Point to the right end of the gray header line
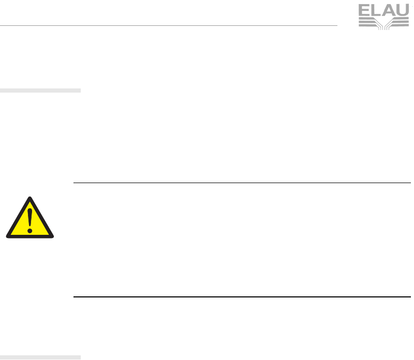336,25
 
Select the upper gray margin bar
40,91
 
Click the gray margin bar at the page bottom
40,357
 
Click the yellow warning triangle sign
30,220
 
